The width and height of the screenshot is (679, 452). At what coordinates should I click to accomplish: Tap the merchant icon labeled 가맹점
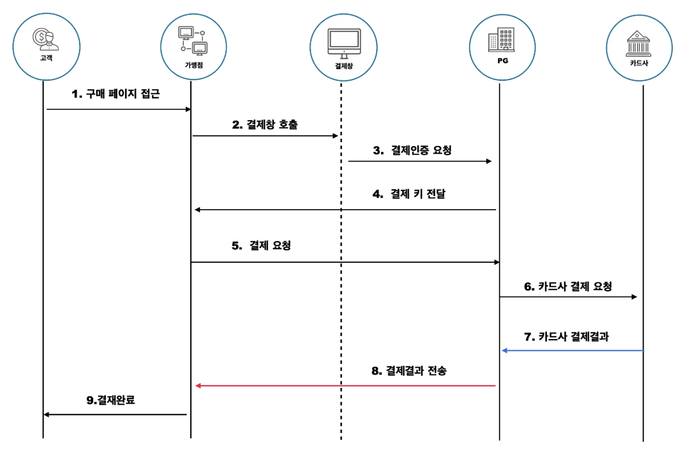(193, 41)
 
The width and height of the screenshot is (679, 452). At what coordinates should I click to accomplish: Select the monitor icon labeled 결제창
(344, 43)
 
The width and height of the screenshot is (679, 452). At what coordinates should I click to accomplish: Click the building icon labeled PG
(502, 40)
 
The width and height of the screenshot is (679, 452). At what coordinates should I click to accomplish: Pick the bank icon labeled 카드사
(638, 44)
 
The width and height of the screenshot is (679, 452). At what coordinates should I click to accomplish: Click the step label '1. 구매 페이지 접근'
(116, 94)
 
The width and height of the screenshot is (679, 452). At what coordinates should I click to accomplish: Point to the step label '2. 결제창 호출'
(265, 124)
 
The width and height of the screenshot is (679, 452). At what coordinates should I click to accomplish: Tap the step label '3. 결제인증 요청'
(412, 150)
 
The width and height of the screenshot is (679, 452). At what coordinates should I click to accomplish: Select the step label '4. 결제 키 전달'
(409, 194)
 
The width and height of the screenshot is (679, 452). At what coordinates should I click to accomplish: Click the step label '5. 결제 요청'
(261, 245)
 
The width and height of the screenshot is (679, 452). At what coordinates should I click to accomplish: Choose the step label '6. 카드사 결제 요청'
(568, 286)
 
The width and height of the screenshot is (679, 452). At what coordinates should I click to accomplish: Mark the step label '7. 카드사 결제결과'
(566, 337)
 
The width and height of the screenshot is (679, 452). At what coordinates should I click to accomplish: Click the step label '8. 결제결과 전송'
(409, 371)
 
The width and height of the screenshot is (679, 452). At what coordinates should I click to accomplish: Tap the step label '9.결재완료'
(110, 400)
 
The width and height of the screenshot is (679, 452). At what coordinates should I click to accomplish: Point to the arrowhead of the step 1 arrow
(189, 109)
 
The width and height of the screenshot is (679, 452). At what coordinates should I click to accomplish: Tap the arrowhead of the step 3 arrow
(489, 161)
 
